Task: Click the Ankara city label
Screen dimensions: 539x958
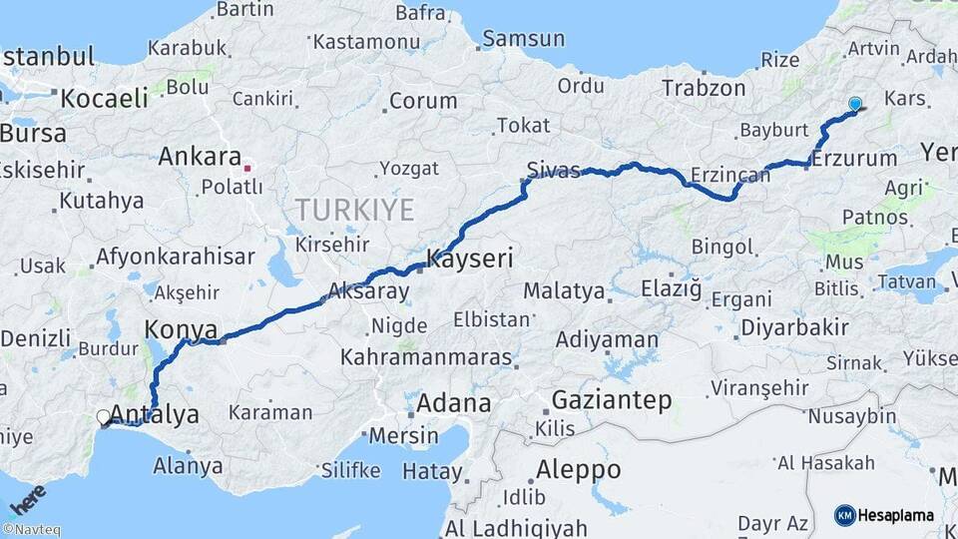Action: pos(200,157)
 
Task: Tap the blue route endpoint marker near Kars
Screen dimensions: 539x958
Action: pos(855,104)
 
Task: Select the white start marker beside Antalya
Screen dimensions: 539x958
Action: pos(103,417)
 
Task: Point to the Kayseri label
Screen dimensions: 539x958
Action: pos(470,260)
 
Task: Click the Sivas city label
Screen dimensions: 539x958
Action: pos(553,171)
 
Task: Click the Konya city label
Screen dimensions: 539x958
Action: pos(182,328)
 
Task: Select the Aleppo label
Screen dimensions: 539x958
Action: pos(578,468)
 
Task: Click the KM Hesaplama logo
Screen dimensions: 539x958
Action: pos(884,515)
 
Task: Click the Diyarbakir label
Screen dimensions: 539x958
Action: pos(794,326)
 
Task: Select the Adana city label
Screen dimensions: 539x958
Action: pos(453,403)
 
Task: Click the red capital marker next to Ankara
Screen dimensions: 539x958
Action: pos(247,168)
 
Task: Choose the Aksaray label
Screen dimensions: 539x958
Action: pos(368,291)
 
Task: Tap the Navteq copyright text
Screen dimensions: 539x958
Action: pos(31,530)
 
